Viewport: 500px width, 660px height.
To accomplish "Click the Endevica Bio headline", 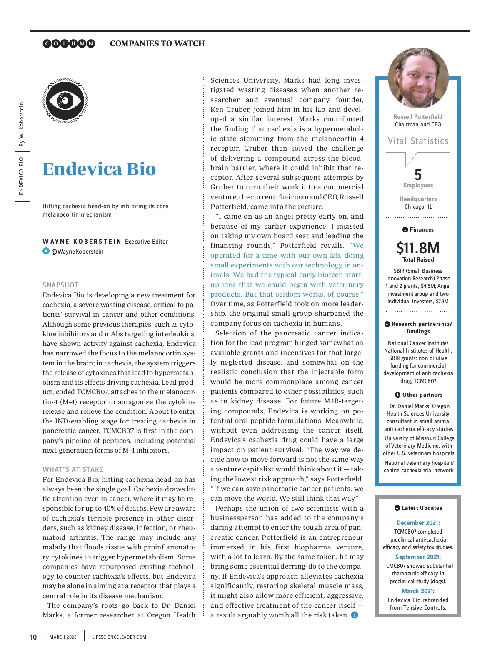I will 99,169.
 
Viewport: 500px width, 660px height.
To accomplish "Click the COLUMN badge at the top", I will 69,43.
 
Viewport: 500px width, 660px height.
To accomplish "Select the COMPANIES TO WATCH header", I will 157,43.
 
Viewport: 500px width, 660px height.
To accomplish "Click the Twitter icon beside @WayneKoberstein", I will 46,251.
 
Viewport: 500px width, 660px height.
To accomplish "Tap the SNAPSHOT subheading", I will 60,285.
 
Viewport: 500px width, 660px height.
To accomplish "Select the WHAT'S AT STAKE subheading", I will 72,469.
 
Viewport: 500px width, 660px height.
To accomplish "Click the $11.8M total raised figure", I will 418,248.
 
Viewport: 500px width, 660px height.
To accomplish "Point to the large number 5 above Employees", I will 418,174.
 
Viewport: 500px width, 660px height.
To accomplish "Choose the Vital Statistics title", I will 418,141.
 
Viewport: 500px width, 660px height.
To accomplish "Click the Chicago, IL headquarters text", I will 418,207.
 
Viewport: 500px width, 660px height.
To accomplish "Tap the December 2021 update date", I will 418,523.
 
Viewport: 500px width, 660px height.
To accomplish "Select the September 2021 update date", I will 418,557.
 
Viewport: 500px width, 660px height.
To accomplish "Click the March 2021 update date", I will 418,591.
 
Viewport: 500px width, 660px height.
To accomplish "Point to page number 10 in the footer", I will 33,637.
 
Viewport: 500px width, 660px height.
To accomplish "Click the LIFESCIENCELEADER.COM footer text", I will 119,637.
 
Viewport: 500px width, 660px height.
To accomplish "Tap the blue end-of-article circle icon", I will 355,615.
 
